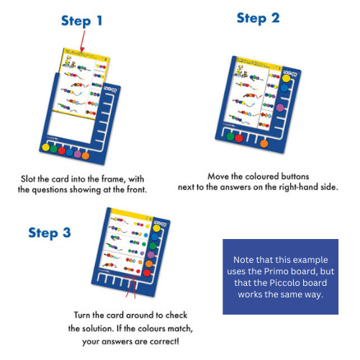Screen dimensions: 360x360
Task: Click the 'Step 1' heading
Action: [x=81, y=21]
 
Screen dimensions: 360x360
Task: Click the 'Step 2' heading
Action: [x=258, y=17]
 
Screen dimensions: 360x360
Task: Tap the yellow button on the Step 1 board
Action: [x=45, y=148]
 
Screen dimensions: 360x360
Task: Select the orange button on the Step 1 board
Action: [x=85, y=156]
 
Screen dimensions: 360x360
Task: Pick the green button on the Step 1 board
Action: [x=53, y=149]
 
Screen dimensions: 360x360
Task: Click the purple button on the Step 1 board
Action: [x=77, y=154]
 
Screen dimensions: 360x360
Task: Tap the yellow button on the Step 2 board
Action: [x=287, y=78]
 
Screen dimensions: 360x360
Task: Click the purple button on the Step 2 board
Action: [x=280, y=107]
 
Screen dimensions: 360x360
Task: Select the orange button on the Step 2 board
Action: [x=264, y=143]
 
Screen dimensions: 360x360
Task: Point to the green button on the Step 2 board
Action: [x=230, y=136]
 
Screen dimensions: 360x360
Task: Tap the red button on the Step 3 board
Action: [x=147, y=273]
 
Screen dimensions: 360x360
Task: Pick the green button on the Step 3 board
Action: [x=153, y=246]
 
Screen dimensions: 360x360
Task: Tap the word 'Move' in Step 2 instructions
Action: [x=218, y=176]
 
